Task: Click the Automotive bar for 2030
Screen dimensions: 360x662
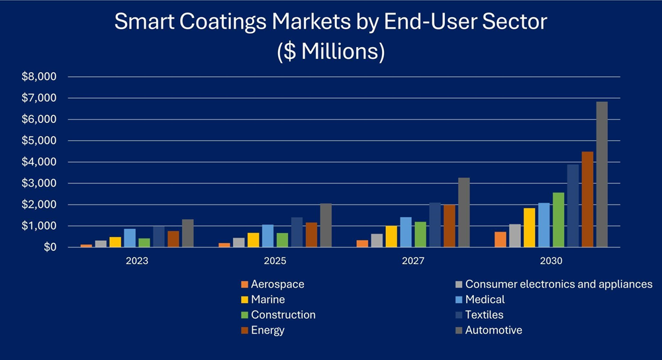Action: coord(602,175)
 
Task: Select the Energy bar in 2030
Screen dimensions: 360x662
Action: coord(587,199)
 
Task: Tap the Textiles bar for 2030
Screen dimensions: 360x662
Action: coord(573,206)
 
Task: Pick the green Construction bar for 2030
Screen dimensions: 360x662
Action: coord(558,220)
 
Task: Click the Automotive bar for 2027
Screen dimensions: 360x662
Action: coord(464,212)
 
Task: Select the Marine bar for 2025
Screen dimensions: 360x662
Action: coord(252,240)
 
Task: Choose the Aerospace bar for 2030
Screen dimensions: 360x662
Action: coord(500,240)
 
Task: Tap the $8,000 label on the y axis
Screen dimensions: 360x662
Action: coord(40,77)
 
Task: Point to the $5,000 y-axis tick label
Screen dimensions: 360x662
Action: coord(40,141)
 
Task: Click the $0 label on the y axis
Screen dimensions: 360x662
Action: coord(50,247)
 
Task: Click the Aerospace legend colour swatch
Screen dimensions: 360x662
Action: coord(244,285)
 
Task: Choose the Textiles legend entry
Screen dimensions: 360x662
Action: coord(484,315)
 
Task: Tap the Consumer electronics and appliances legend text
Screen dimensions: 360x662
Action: coord(559,285)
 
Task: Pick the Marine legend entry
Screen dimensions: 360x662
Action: coord(267,300)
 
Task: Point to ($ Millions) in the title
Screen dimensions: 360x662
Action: coord(331,51)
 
